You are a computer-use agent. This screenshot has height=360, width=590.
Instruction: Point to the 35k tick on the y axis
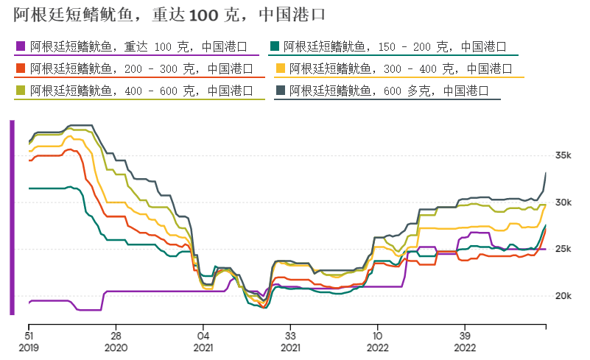(563, 155)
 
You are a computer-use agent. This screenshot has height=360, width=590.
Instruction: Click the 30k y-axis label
(563, 202)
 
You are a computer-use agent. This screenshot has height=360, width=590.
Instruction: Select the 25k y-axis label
(563, 250)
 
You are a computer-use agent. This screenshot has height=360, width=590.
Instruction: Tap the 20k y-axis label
(563, 296)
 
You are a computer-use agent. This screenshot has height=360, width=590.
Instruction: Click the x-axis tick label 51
(29, 333)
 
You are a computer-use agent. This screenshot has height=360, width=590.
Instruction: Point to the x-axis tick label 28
(116, 333)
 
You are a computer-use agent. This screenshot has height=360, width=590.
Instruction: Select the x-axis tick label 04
(203, 333)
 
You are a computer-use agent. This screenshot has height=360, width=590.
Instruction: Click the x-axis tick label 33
(290, 333)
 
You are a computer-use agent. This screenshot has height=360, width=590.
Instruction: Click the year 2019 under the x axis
(29, 347)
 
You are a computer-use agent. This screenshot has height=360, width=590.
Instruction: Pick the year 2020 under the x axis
(116, 347)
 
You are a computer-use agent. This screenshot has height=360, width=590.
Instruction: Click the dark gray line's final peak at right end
(546, 173)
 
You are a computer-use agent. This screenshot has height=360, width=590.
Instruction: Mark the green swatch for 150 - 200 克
(275, 46)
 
